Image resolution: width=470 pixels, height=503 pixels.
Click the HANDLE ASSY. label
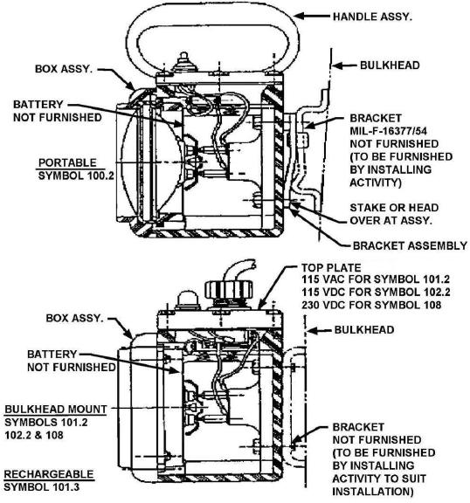point(372,17)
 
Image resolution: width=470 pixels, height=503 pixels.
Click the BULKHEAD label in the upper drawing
point(390,65)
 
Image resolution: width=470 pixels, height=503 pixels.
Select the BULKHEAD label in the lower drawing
point(364,330)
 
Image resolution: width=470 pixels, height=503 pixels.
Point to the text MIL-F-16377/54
point(388,131)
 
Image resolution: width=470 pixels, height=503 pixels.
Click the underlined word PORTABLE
point(67,162)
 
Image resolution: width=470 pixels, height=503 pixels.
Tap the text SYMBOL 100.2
point(76,176)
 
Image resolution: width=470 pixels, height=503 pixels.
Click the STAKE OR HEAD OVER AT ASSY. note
point(394,214)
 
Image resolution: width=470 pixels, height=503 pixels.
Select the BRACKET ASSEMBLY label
point(410,245)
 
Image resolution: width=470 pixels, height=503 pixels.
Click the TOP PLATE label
point(331,267)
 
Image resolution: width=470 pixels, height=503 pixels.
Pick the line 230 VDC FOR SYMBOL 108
point(371,305)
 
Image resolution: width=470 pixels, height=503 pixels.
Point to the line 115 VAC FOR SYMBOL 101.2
point(376,279)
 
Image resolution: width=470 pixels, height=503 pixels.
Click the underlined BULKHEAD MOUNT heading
point(56,410)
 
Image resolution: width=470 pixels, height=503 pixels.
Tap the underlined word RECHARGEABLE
point(49,474)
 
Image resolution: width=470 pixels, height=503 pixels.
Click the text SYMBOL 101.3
point(41,487)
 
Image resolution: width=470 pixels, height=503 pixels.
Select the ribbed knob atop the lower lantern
point(228,289)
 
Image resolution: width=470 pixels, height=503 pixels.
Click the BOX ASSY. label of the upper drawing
point(64,69)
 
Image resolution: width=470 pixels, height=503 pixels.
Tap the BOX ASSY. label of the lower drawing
point(74,318)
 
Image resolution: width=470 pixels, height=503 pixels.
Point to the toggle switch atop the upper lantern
point(183,63)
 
